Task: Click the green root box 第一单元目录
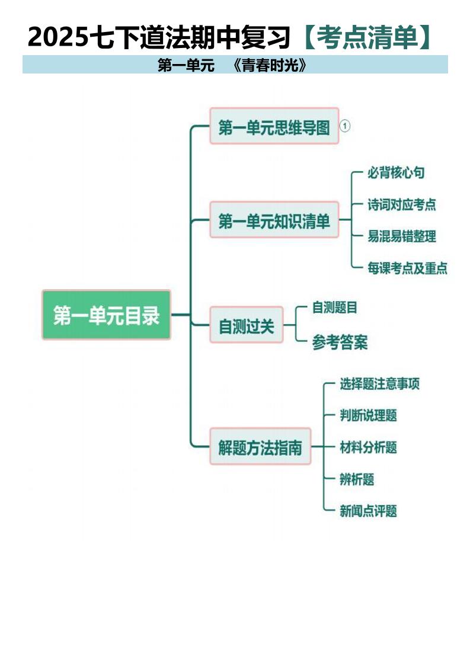click(x=106, y=315)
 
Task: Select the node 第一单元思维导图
click(x=274, y=126)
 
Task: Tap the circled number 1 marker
click(x=346, y=126)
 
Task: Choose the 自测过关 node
click(x=247, y=325)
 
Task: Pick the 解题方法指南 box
click(x=260, y=447)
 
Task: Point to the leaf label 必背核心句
click(x=396, y=173)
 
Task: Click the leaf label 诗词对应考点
click(x=402, y=205)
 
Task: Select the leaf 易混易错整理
click(x=402, y=236)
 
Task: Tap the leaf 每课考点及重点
click(x=407, y=268)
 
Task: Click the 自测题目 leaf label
click(x=335, y=308)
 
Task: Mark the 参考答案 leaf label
click(x=340, y=343)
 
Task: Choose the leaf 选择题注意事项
click(x=379, y=384)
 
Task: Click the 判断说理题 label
click(x=368, y=415)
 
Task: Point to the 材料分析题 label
click(x=368, y=447)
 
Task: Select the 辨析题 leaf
click(x=357, y=479)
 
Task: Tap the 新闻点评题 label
click(x=368, y=511)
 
